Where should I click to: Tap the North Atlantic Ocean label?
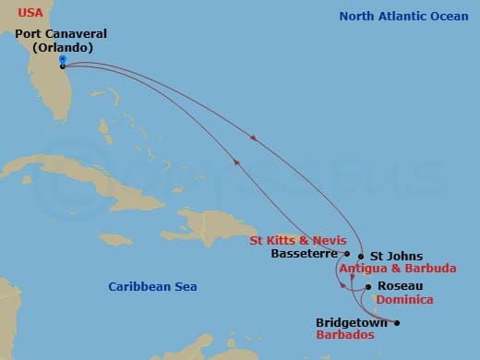pyautogui.click(x=403, y=16)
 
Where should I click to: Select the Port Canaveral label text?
pyautogui.click(x=61, y=34)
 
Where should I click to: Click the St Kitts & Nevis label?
pyautogui.click(x=298, y=240)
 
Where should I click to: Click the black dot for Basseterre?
pyautogui.click(x=346, y=253)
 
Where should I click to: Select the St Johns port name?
pyautogui.click(x=396, y=256)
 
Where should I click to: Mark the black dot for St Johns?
pyautogui.click(x=360, y=257)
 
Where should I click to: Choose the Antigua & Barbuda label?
pyautogui.click(x=398, y=269)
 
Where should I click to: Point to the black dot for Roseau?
pyautogui.click(x=368, y=287)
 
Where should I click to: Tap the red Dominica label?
pyautogui.click(x=404, y=300)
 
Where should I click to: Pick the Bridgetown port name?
pyautogui.click(x=352, y=323)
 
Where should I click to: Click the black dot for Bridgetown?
pyautogui.click(x=397, y=323)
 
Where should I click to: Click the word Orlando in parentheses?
pyautogui.click(x=61, y=47)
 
